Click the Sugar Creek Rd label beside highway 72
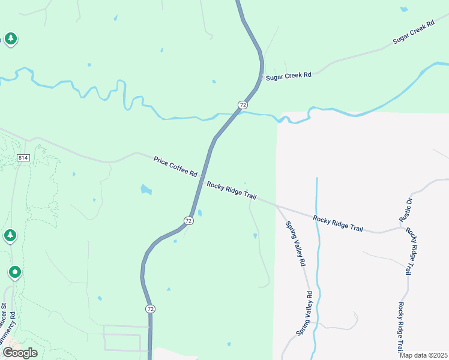click(x=289, y=76)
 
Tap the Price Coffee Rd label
click(x=175, y=166)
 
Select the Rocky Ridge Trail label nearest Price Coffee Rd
click(x=232, y=193)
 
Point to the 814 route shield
click(x=23, y=158)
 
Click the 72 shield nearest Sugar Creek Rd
click(x=243, y=105)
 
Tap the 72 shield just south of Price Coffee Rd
click(x=189, y=221)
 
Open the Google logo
click(x=20, y=352)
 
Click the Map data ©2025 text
click(x=423, y=355)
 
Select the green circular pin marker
click(x=15, y=273)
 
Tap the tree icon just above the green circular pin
click(x=10, y=235)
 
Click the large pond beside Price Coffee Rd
click(x=146, y=190)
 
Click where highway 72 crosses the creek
click(x=235, y=113)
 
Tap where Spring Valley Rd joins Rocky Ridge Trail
click(x=277, y=205)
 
